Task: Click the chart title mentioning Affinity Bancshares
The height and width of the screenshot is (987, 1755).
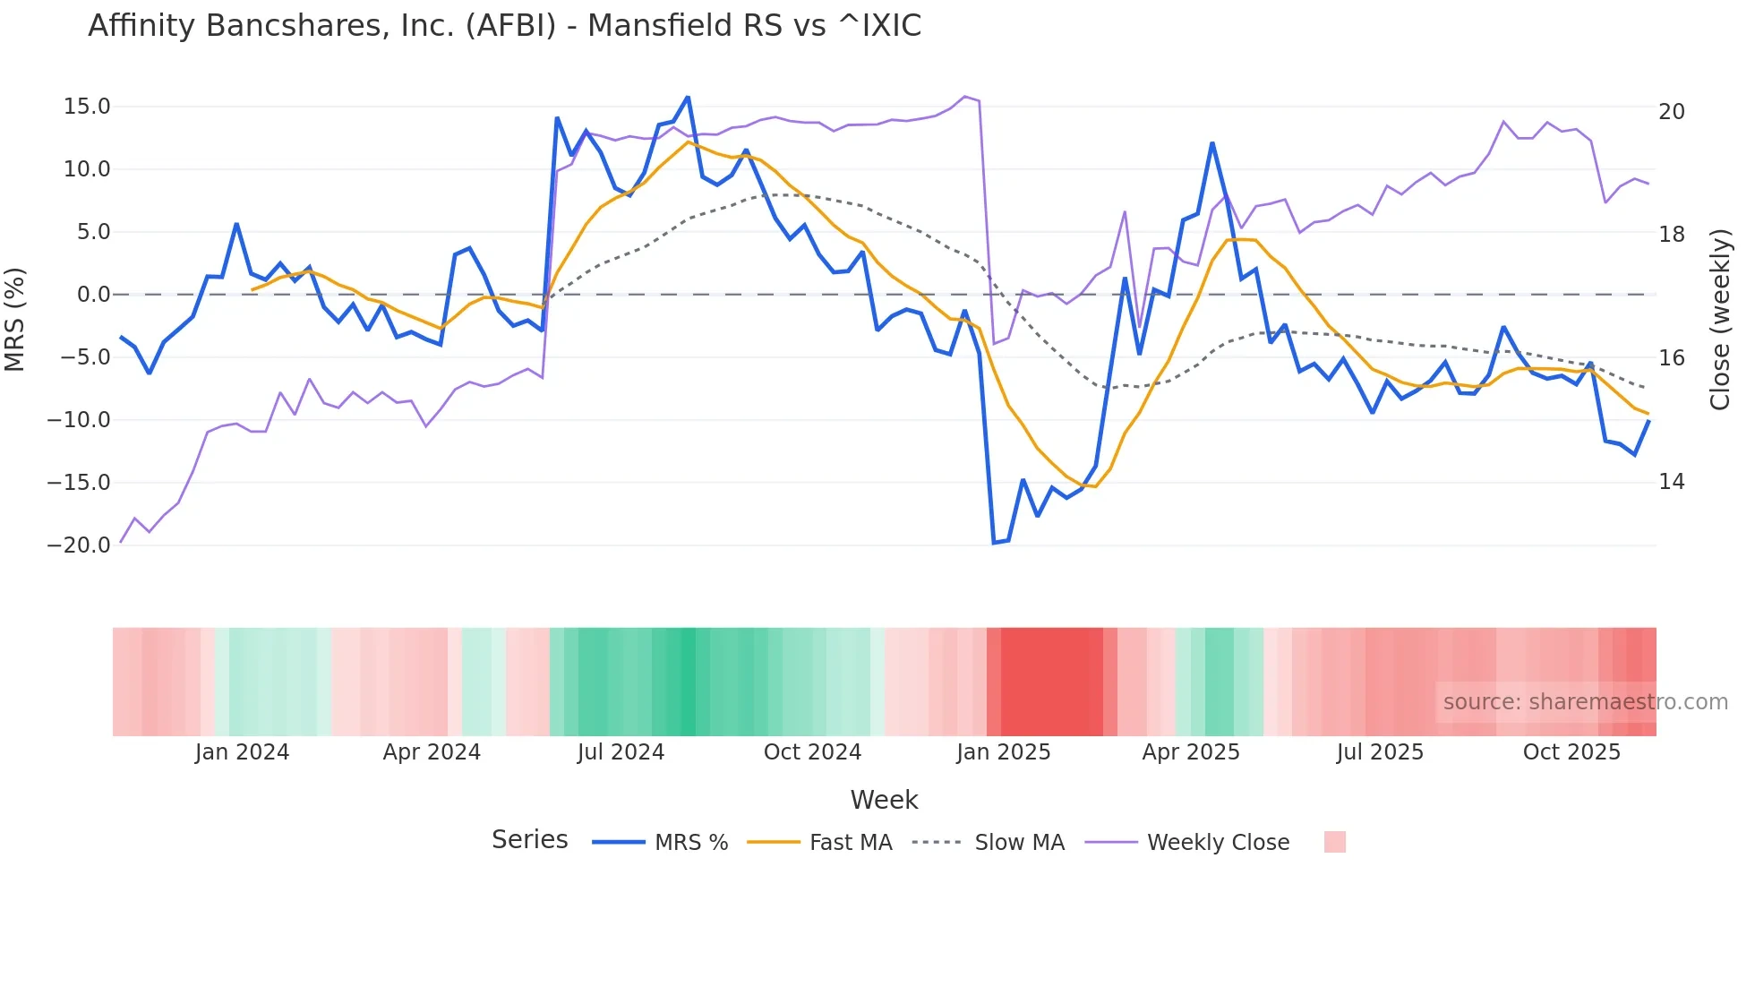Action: pyautogui.click(x=504, y=26)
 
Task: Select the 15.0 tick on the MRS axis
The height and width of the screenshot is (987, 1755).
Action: pyautogui.click(x=87, y=107)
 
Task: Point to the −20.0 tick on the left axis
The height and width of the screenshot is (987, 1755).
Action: pyautogui.click(x=80, y=545)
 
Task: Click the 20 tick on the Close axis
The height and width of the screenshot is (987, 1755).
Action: pyautogui.click(x=1671, y=112)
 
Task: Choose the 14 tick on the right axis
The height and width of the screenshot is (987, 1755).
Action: pyautogui.click(x=1671, y=482)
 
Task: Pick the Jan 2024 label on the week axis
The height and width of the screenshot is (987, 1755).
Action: pyautogui.click(x=242, y=752)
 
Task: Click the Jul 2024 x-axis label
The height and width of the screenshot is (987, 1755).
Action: pyautogui.click(x=621, y=752)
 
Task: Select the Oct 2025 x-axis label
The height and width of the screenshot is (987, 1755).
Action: pyautogui.click(x=1571, y=752)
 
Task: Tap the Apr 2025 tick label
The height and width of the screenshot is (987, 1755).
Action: pyautogui.click(x=1190, y=752)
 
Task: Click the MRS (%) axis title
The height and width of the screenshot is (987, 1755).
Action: pyautogui.click(x=15, y=319)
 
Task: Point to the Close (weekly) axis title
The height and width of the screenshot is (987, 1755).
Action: pyautogui.click(x=1720, y=319)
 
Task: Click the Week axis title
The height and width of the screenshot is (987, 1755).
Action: pyautogui.click(x=884, y=800)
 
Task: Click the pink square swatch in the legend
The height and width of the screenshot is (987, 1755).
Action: pyautogui.click(x=1335, y=842)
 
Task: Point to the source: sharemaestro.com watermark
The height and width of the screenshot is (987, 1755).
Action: pyautogui.click(x=1585, y=702)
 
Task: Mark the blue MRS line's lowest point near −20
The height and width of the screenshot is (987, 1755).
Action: pyautogui.click(x=994, y=543)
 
